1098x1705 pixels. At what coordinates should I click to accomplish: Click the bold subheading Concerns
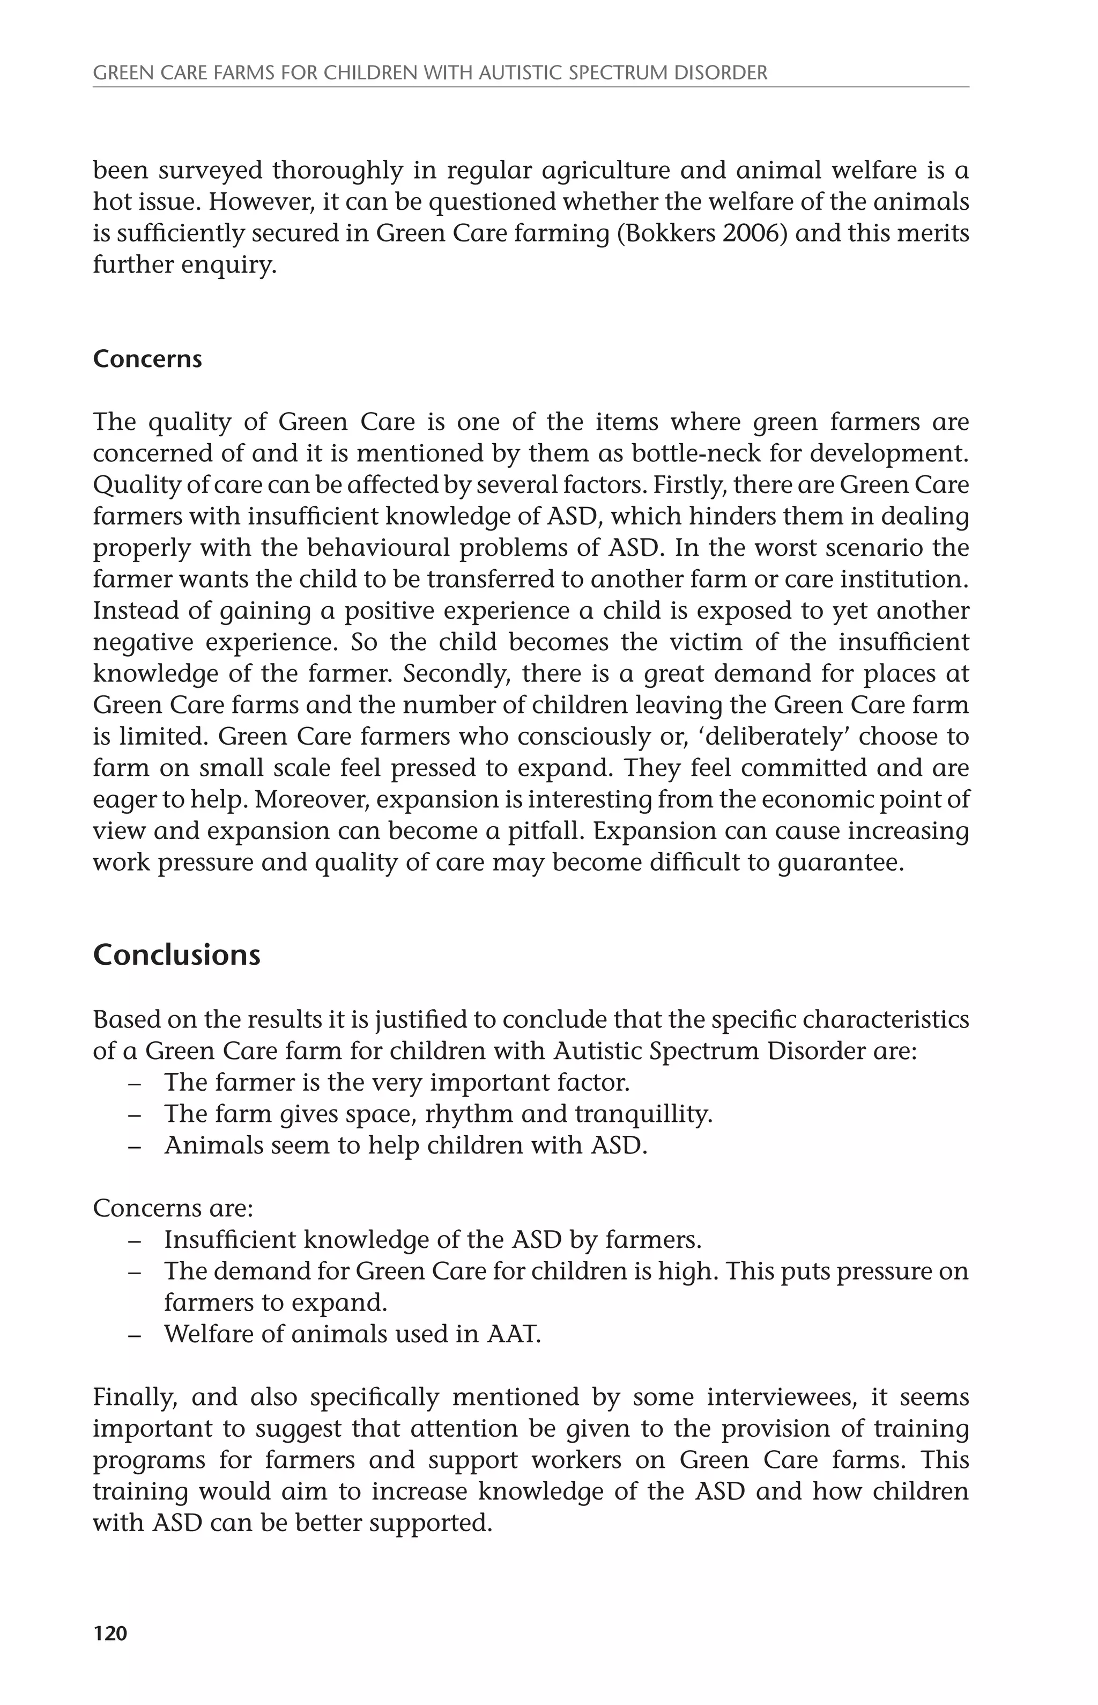pos(147,359)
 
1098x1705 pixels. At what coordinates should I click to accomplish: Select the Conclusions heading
pos(177,954)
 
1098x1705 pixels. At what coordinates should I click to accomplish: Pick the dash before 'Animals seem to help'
pos(134,1147)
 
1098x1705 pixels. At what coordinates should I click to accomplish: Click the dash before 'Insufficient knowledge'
pos(134,1240)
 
